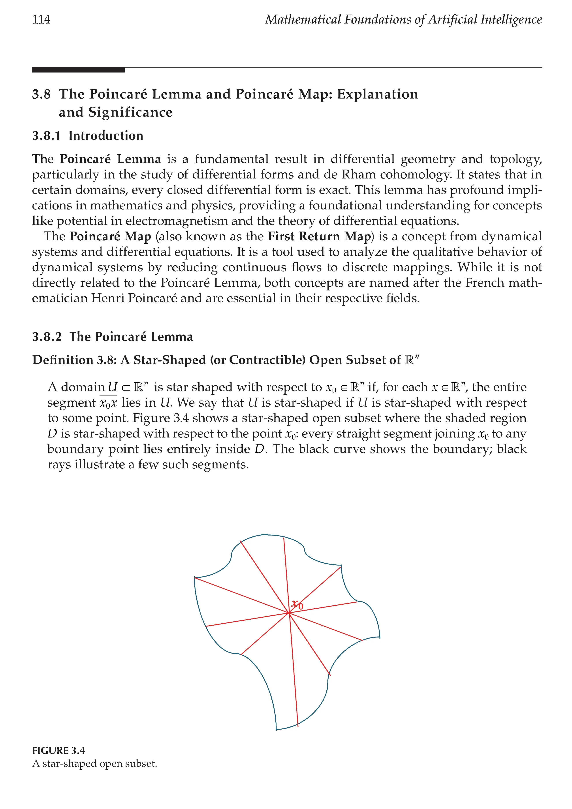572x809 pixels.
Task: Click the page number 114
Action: coord(41,19)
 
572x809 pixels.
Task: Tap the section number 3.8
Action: coord(41,94)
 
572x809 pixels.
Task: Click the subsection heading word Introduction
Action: coord(106,136)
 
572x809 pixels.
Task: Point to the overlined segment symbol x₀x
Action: coord(108,403)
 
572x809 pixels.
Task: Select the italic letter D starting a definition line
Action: coord(52,434)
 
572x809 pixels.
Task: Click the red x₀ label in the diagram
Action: coord(297,605)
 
